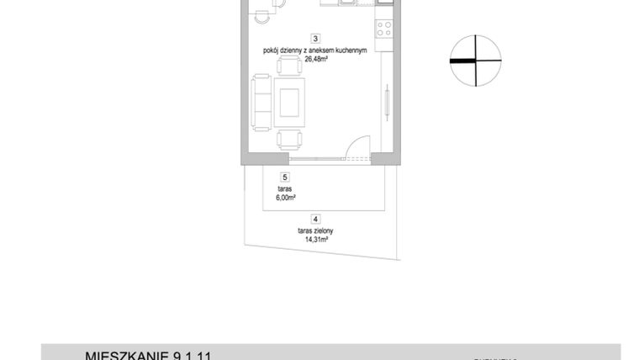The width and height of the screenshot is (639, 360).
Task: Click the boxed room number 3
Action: coord(314,38)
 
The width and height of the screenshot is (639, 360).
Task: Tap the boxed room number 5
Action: coord(286,177)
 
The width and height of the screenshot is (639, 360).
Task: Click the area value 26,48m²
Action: coord(314,60)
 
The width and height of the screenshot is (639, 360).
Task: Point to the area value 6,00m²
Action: coord(286,199)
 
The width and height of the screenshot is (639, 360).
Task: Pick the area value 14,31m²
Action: coord(315,239)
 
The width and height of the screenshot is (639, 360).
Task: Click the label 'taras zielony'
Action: coord(315,230)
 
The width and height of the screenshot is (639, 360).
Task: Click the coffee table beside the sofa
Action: coord(291,102)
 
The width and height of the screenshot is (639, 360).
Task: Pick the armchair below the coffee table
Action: coord(291,140)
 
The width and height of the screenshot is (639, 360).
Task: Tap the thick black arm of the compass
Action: coord(462,61)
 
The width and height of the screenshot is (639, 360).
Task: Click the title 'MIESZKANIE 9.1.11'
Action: coord(148,355)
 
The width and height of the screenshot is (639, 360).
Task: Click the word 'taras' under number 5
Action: coord(284,190)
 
